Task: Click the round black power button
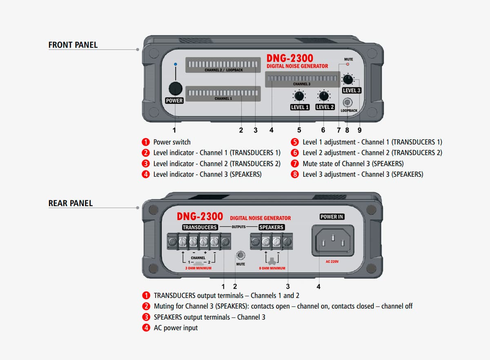coord(175,88)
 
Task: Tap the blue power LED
coord(175,64)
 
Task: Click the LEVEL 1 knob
coord(299,96)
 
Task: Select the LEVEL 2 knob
coord(324,96)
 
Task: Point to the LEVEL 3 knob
coord(348,79)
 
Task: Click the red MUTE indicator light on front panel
coord(348,64)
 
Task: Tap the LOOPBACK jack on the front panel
coord(348,102)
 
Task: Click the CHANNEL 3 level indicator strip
coord(302,78)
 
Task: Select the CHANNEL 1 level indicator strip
coord(223,93)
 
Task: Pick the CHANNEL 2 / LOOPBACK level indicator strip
coord(223,64)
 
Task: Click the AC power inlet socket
coord(333,240)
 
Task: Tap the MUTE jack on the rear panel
coord(241,256)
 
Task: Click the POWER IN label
coord(332,217)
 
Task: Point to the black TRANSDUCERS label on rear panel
coord(200,227)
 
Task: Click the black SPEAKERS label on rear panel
coord(271,227)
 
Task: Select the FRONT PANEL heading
coord(73,45)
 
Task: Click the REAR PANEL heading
coord(71,203)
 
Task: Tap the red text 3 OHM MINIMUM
coord(198,268)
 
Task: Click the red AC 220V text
coord(332,262)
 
